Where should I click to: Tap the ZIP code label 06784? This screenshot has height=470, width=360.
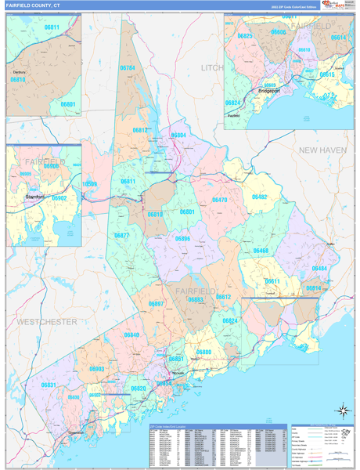tap(127, 68)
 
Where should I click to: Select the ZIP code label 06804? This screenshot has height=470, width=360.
tap(178, 136)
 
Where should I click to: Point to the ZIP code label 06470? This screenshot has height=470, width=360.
tap(219, 200)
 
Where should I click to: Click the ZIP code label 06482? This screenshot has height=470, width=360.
tap(260, 197)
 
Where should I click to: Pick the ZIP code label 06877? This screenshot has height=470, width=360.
tap(121, 235)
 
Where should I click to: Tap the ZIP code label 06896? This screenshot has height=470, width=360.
tap(182, 238)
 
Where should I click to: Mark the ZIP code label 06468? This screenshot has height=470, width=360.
tap(261, 251)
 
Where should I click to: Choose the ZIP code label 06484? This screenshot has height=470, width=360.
tap(319, 269)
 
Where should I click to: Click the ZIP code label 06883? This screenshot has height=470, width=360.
tap(195, 299)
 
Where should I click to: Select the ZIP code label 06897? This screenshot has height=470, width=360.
tap(156, 304)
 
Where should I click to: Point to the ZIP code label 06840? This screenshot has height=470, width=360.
tap(131, 334)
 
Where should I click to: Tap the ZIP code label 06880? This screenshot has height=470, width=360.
tap(203, 352)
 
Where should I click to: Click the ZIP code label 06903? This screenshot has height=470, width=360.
tap(96, 368)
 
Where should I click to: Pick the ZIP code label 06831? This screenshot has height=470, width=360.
tap(49, 385)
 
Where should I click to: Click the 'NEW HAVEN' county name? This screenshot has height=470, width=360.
tap(322, 150)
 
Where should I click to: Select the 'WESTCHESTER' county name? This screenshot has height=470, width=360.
tap(47, 322)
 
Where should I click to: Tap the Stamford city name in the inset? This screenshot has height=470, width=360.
tap(34, 197)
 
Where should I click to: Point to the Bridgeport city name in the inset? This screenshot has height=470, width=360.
tap(270, 92)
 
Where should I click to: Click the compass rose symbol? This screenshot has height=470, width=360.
tap(342, 410)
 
